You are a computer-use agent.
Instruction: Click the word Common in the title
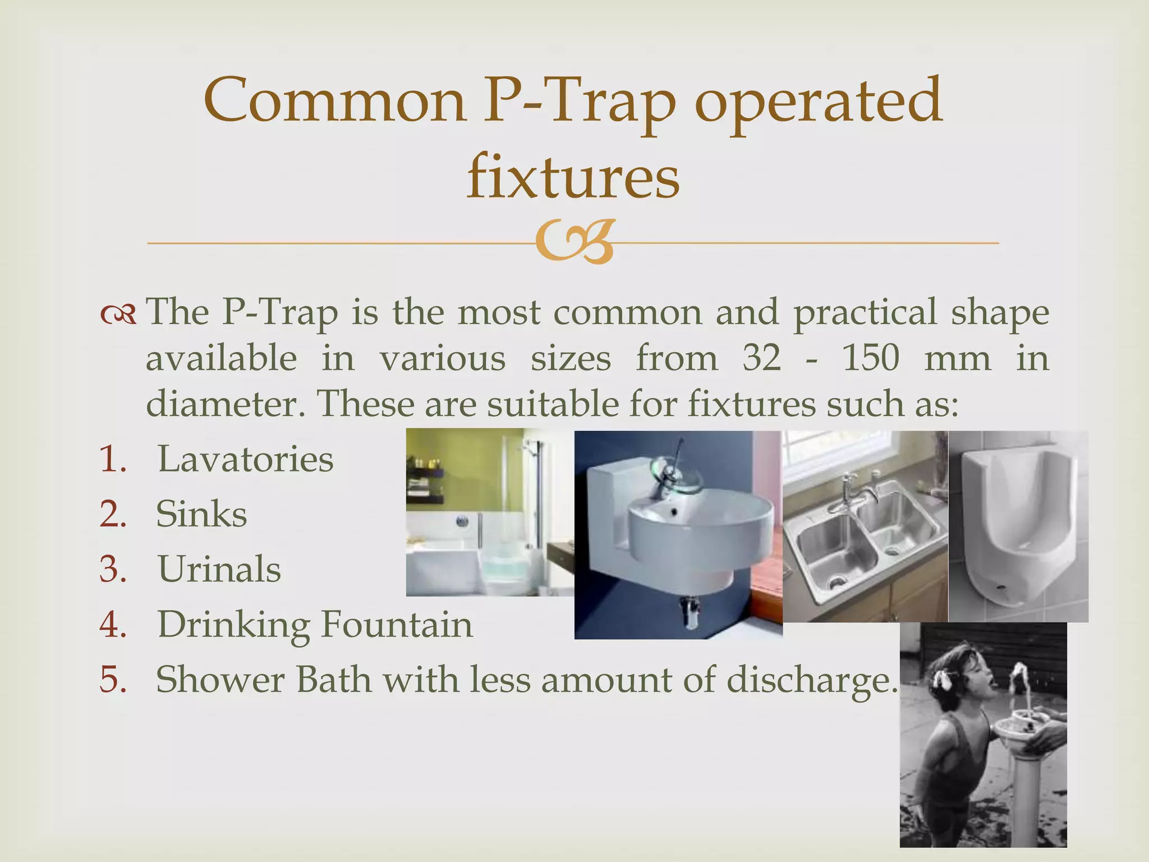[x=335, y=101]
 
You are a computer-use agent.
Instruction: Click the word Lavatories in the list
[x=245, y=459]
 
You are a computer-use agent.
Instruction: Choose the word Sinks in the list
[x=201, y=513]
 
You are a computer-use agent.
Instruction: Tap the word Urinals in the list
[x=219, y=568]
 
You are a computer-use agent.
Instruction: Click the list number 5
[x=113, y=679]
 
